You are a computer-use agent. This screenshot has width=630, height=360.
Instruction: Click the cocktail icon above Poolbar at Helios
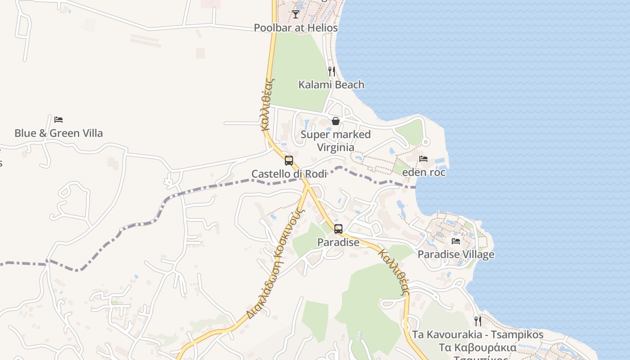coord(295,14)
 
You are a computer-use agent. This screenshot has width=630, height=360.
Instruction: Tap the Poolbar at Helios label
coord(296,28)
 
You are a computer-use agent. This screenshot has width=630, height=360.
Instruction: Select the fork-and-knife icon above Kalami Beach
coord(331,71)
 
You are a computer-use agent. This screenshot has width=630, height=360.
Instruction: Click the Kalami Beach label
coord(332,85)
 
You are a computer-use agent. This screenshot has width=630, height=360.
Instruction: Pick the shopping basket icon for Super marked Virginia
coord(335,121)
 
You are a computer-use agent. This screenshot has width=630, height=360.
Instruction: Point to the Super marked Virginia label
coord(336,141)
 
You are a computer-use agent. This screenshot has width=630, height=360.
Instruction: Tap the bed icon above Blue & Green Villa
coord(58,120)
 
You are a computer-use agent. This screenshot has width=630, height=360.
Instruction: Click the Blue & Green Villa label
coord(58,133)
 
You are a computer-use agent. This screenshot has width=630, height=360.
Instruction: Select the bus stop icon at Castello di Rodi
coord(289,161)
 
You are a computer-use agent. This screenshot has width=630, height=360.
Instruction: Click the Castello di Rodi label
coord(289,174)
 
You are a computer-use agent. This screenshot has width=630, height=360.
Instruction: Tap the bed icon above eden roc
coord(423,159)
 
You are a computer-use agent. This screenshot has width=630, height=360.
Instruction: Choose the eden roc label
coord(423,172)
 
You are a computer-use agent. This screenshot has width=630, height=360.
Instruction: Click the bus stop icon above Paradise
coord(338,229)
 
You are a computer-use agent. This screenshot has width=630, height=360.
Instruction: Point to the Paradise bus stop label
coord(338,242)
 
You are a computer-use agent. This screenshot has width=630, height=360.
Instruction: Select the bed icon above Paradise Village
coord(456,241)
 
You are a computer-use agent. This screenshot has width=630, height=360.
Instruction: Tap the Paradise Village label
coord(456,254)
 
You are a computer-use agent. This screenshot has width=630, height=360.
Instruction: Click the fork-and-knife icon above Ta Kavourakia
coord(477,321)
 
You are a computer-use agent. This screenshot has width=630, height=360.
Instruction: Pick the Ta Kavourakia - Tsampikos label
coord(477,335)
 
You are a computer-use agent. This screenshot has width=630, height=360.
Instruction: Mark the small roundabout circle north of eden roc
coord(425,142)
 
